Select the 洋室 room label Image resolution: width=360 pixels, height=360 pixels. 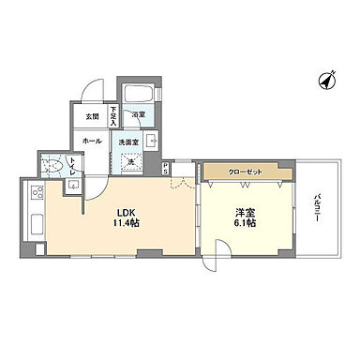(247, 211)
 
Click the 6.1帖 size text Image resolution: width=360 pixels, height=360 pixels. (247, 223)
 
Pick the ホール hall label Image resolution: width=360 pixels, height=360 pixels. (91, 141)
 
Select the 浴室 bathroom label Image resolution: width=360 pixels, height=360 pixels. (137, 115)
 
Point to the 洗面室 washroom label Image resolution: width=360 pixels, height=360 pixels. (127, 142)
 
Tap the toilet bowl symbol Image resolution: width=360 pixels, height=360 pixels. (57, 167)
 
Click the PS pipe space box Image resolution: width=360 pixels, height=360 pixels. (166, 169)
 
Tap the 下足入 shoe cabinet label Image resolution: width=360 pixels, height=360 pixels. (112, 116)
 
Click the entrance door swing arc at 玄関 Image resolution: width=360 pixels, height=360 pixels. (89, 94)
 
